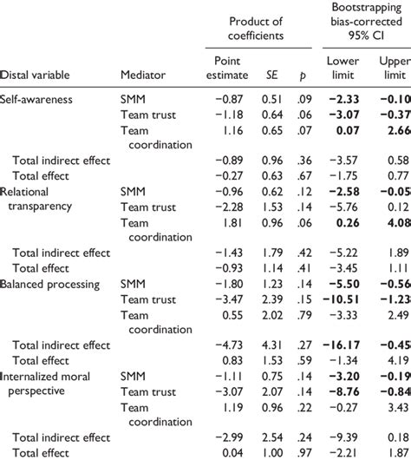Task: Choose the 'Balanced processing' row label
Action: [51, 283]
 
